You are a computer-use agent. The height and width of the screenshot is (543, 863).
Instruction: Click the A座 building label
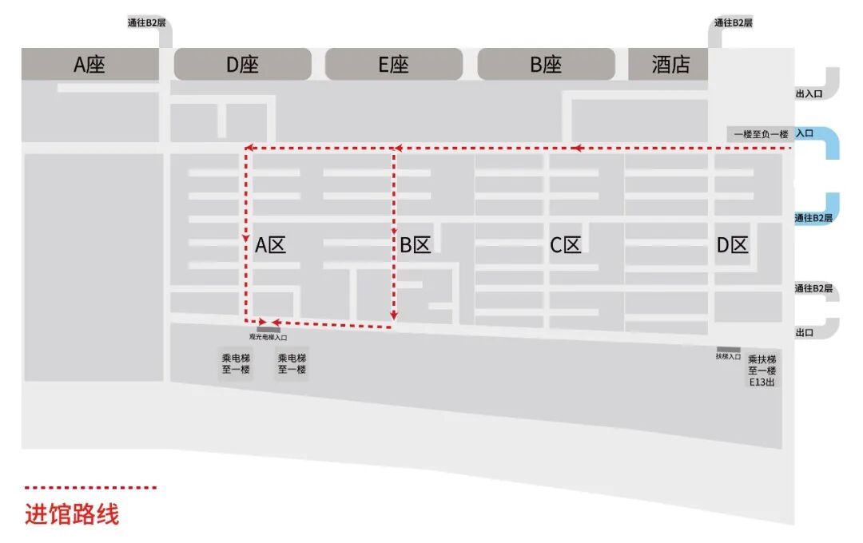click(89, 65)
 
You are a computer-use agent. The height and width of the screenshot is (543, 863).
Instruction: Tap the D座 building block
click(243, 64)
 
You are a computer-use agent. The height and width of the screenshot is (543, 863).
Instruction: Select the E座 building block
click(393, 64)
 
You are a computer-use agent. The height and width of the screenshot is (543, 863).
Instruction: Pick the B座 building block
click(546, 64)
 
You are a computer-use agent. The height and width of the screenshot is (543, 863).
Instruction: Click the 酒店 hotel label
click(671, 65)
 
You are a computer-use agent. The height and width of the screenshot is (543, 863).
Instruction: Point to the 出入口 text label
click(809, 93)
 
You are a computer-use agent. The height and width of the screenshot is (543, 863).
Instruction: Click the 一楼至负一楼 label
click(761, 134)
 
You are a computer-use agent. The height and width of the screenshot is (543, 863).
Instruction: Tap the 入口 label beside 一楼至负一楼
click(805, 133)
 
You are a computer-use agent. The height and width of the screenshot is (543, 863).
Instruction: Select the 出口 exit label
click(805, 332)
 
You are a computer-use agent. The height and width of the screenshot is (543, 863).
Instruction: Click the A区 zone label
click(270, 245)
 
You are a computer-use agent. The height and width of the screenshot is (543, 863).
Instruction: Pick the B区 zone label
click(415, 245)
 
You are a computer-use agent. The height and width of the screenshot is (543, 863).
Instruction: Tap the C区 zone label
click(565, 245)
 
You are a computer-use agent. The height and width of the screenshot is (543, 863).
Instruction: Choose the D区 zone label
click(732, 245)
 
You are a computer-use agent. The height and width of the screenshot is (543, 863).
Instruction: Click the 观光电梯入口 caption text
click(268, 337)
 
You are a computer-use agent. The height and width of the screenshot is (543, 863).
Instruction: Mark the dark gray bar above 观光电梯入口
click(268, 330)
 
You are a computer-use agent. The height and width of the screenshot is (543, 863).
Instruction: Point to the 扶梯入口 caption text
click(728, 356)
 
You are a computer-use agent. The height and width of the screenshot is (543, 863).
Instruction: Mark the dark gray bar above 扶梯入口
click(728, 349)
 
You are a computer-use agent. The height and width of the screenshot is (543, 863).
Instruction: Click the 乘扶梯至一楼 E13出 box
click(762, 371)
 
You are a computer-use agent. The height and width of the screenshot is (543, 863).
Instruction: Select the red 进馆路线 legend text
click(72, 514)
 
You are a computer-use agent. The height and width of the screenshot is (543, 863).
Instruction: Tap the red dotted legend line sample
click(91, 487)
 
